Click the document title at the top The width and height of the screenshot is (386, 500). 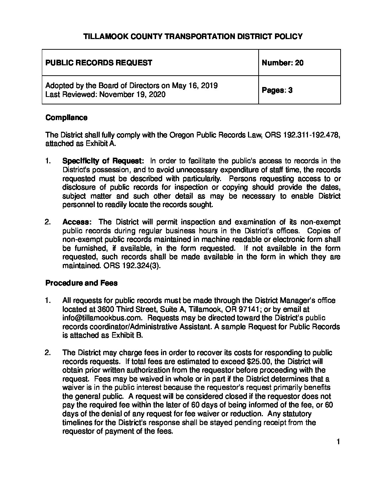193,36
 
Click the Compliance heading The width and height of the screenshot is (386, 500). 66,118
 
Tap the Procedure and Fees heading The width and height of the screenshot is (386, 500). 81,283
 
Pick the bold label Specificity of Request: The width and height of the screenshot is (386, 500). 103,161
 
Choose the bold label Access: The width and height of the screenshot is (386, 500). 77,222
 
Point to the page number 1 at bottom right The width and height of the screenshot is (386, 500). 338,442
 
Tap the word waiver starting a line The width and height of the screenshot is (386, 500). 73,387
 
